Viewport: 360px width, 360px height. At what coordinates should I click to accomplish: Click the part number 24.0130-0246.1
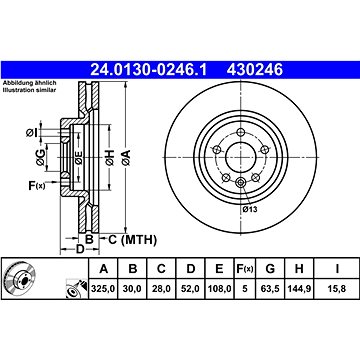(x=149, y=70)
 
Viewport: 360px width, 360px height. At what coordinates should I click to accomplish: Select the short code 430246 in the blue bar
(x=255, y=70)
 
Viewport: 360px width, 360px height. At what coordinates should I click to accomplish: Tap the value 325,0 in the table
(x=104, y=289)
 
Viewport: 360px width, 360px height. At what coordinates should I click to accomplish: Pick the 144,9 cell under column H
(x=299, y=289)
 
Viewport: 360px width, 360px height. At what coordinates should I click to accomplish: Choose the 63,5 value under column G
(x=270, y=289)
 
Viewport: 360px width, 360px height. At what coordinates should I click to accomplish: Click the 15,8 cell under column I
(x=337, y=289)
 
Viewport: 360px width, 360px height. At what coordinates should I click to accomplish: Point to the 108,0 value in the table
(x=219, y=289)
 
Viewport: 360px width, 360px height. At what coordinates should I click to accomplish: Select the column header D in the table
(x=190, y=268)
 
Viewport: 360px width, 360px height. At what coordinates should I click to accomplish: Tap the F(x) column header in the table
(x=245, y=269)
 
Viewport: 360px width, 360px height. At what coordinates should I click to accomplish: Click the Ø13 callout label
(x=250, y=209)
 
